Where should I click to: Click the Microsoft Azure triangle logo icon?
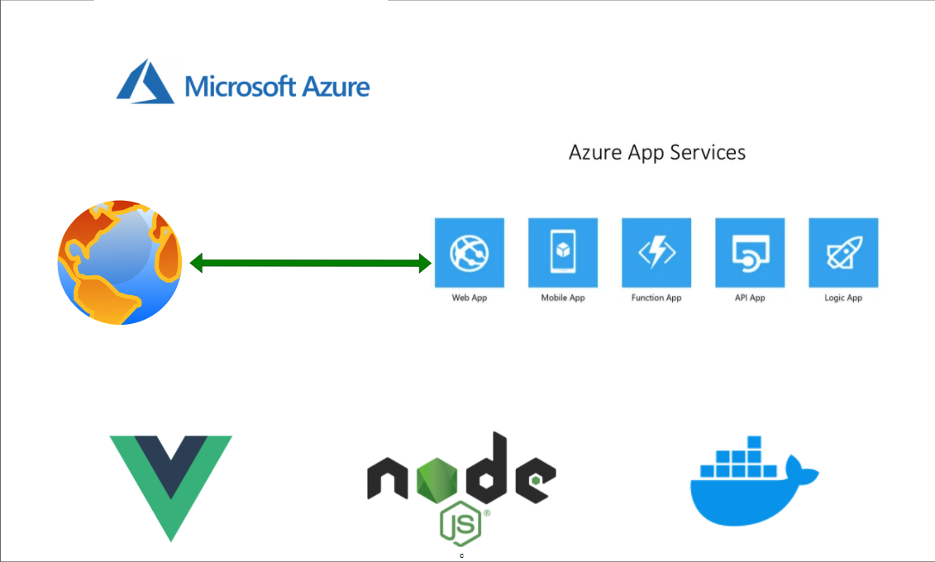pyautogui.click(x=145, y=82)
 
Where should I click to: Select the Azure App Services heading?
pyautogui.click(x=657, y=152)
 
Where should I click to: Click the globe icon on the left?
pyautogui.click(x=119, y=262)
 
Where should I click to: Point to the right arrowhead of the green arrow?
pyautogui.click(x=425, y=264)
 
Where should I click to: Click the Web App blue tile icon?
pyautogui.click(x=470, y=252)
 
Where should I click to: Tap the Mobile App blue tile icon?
pyautogui.click(x=563, y=252)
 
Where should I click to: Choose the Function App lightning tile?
pyautogui.click(x=656, y=252)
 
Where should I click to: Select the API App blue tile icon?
pyautogui.click(x=750, y=252)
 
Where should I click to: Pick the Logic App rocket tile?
pyautogui.click(x=843, y=252)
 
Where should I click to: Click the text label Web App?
pyautogui.click(x=470, y=298)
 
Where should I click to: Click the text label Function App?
pyautogui.click(x=656, y=298)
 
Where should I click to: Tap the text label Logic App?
pyautogui.click(x=843, y=298)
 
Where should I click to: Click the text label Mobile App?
pyautogui.click(x=563, y=298)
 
